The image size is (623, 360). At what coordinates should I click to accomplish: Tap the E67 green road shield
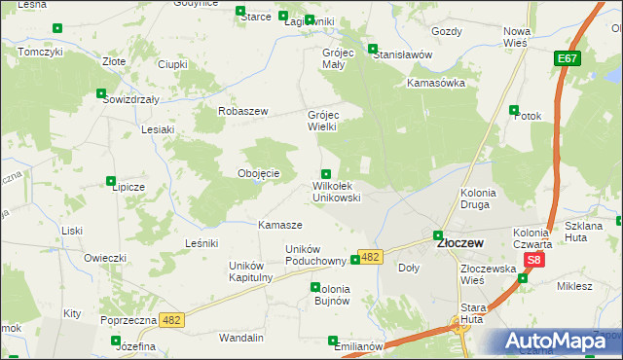tap(568, 60)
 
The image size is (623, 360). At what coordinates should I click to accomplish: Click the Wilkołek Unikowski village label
tap(337, 191)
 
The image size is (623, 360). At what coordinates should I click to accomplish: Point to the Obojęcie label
tap(259, 173)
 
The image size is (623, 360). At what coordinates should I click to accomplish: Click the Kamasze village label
tap(279, 225)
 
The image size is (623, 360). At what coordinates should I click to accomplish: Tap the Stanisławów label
tap(402, 54)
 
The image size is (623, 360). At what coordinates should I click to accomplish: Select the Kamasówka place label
tap(437, 83)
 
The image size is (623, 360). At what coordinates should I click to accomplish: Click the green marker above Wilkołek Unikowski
tap(326, 173)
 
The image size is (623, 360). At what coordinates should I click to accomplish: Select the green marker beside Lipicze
tap(112, 180)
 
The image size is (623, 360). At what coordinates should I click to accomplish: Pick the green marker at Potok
tap(517, 109)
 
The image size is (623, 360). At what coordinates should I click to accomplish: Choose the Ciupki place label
tap(172, 64)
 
